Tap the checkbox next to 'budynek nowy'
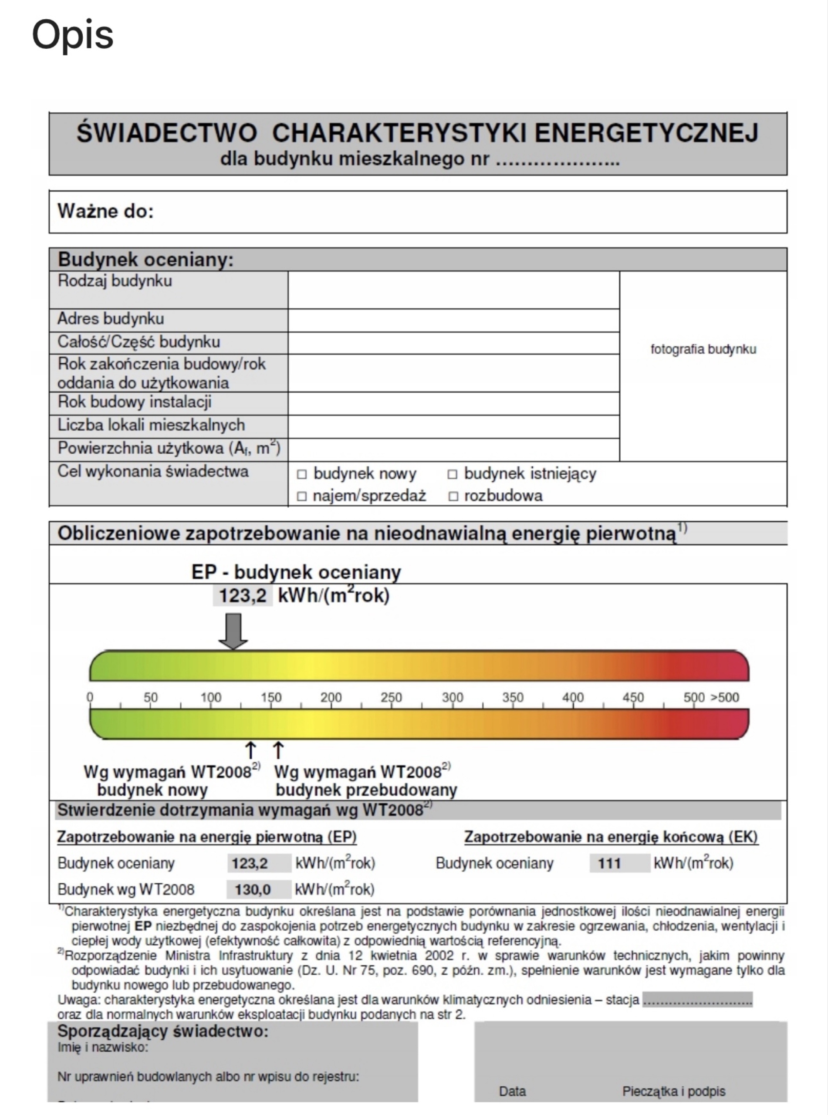click(302, 474)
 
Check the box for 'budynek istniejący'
click(452, 474)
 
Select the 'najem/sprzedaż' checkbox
click(302, 496)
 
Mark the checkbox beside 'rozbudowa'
click(453, 496)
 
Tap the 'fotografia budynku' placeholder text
click(703, 349)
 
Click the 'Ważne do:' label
click(106, 211)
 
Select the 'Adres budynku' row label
click(111, 319)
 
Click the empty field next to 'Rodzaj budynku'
click(453, 290)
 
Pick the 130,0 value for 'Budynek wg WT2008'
click(253, 889)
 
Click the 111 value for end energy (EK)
click(609, 863)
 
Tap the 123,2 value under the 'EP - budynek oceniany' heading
click(243, 596)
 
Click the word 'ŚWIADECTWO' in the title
click(167, 133)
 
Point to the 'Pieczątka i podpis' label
click(674, 1091)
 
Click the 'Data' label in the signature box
click(512, 1091)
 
